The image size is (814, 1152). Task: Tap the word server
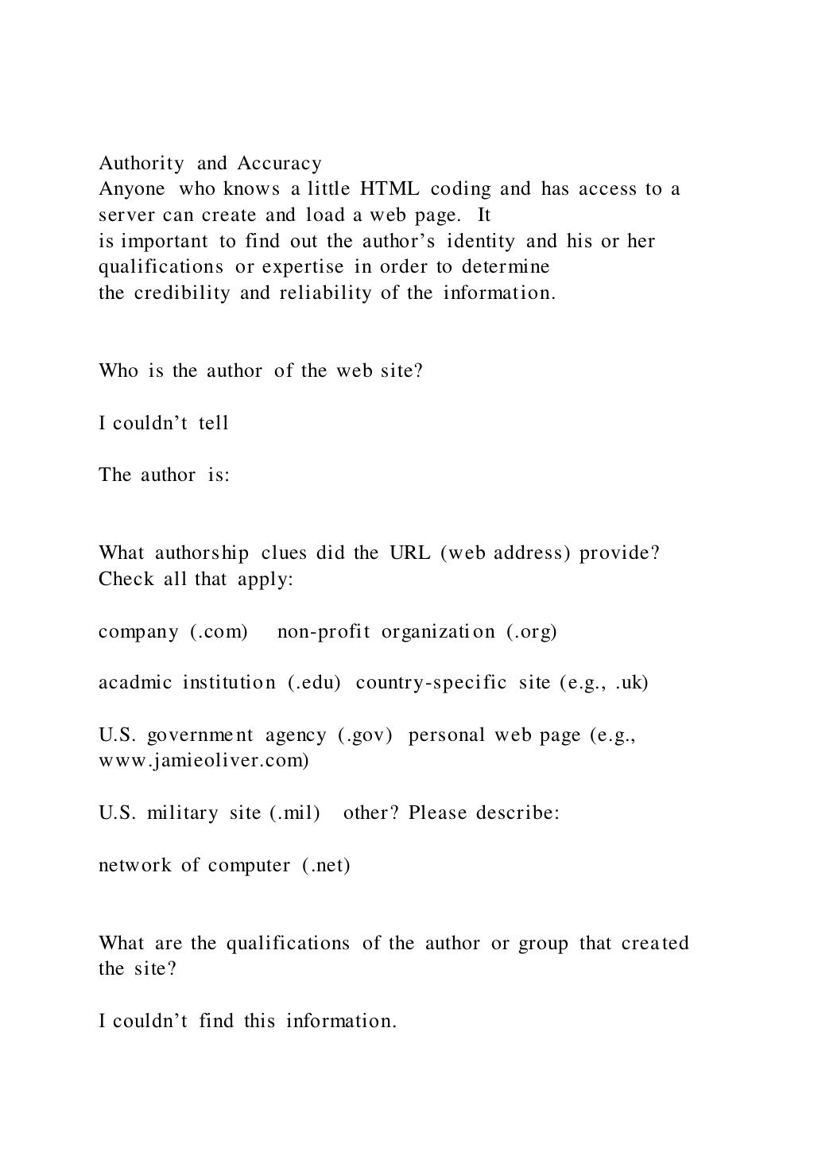click(122, 215)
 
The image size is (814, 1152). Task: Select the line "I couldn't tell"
click(164, 423)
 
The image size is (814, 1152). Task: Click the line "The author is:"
click(164, 475)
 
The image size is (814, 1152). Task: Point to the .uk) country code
click(631, 683)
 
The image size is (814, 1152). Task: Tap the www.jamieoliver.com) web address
click(203, 760)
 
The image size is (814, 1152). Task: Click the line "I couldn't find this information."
click(247, 1021)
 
